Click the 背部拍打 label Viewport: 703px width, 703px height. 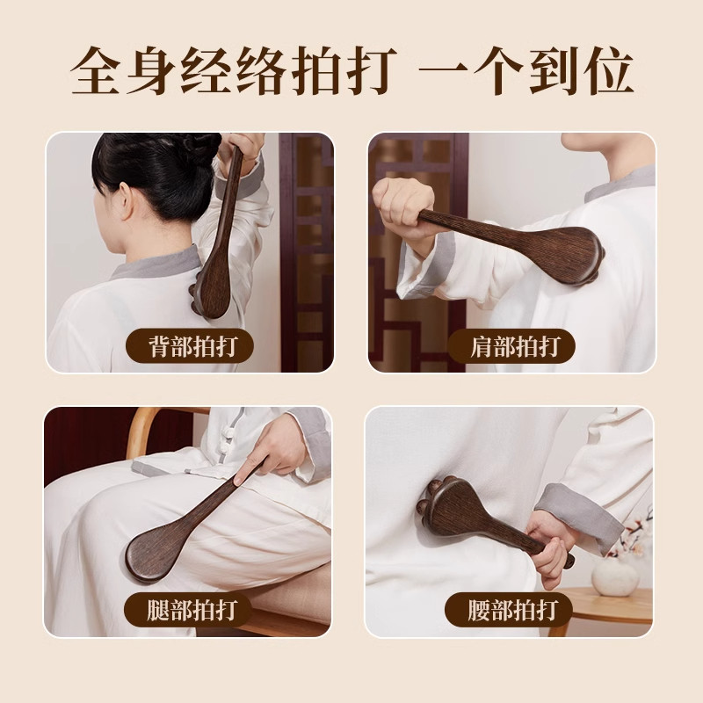(x=188, y=346)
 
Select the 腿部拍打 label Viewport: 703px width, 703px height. (x=188, y=609)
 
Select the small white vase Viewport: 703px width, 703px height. (x=614, y=575)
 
